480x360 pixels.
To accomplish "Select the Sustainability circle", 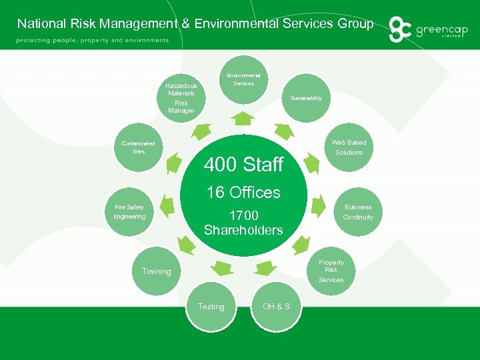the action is point(306,98).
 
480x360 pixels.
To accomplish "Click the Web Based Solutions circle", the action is point(349,147).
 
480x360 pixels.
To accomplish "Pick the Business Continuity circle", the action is point(358,212).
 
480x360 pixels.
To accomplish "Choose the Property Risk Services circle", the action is point(331,270).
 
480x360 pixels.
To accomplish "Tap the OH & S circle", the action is point(276,307).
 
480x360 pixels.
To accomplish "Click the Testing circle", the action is point(211,307).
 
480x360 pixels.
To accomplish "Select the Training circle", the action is point(157,271).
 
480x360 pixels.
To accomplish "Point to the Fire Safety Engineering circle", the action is point(130,212).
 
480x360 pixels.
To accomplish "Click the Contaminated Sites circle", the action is point(139,147).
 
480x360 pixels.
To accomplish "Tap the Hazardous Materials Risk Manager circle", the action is point(181,97).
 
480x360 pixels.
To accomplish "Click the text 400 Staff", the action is point(243,164).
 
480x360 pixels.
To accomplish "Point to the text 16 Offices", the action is point(243,193).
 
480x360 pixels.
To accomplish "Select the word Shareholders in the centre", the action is point(243,230).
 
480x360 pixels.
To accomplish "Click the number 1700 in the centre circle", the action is point(243,216).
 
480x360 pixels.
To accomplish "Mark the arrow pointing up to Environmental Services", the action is point(245,119).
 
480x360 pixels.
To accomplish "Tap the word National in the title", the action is point(41,24).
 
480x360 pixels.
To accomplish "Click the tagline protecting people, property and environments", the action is point(93,40).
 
